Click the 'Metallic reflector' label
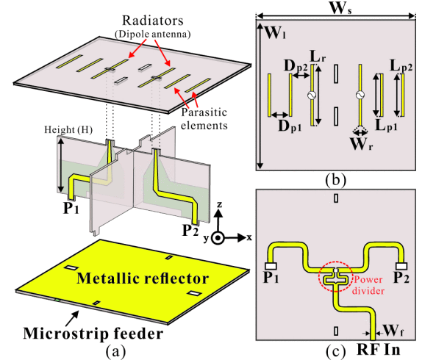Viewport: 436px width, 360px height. coord(143,278)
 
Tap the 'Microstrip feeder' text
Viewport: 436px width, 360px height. coord(93,334)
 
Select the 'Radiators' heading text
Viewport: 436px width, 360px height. coord(153,21)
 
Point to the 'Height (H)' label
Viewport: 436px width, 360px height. coord(68,130)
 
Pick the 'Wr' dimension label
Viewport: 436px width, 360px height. coord(362,144)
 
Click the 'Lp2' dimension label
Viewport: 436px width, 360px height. coord(401,66)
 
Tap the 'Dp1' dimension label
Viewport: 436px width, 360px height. coord(290,126)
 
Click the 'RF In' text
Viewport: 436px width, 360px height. coord(378,349)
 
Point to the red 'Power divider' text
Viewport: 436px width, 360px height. coord(368,285)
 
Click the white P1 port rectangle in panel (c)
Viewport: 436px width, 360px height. coord(271,266)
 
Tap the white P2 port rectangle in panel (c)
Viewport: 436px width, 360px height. coord(401,266)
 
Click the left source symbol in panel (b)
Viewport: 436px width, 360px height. coord(312,96)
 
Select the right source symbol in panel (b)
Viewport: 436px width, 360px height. coord(360,96)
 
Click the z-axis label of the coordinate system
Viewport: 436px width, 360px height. coord(220,204)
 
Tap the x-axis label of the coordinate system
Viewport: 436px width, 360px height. coord(249,237)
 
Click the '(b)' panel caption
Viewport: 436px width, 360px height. coord(335,180)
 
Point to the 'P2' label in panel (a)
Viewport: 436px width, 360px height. coord(190,230)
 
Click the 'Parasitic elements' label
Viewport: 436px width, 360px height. coord(204,119)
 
